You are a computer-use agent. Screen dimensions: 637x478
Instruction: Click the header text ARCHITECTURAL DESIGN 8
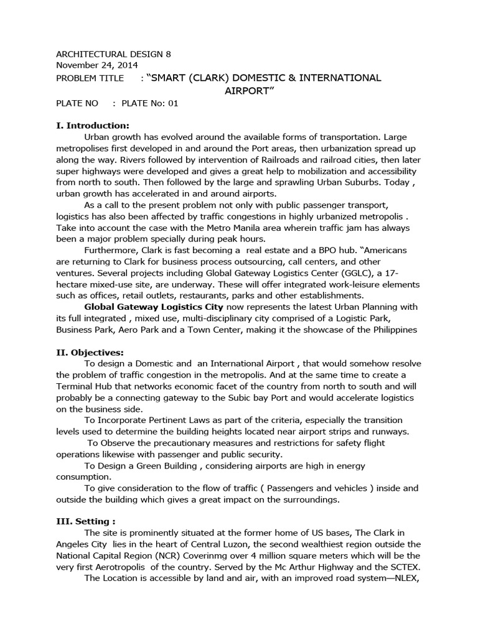point(113,54)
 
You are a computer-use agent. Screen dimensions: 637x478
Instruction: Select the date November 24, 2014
point(97,65)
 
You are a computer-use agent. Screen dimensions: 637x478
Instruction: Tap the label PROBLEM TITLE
point(90,78)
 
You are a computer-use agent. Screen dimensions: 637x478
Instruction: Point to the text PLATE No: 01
point(150,103)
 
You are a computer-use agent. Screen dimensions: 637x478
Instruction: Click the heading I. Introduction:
point(93,125)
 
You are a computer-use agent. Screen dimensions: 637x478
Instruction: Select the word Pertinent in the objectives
point(172,421)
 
